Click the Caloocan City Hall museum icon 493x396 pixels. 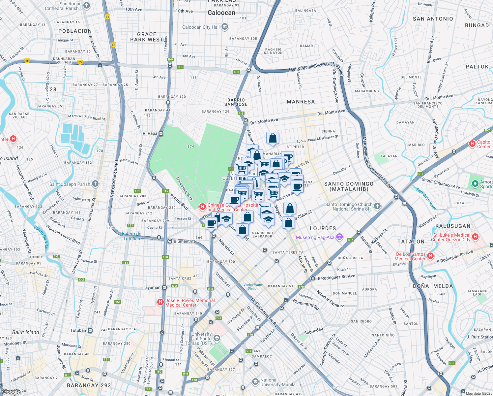(225, 27)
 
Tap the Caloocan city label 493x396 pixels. (221, 13)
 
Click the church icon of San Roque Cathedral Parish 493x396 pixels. (87, 5)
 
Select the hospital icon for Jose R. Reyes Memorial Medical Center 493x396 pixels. (160, 302)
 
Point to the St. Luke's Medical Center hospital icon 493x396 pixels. (475, 237)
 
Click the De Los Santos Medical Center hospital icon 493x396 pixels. (430, 256)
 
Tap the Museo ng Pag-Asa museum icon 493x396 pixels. (340, 237)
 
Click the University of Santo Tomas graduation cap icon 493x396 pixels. (217, 338)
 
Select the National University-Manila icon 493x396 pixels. (255, 381)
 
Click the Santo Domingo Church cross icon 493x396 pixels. (377, 206)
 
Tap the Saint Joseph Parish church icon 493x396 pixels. (95, 184)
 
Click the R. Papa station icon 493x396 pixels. (161, 134)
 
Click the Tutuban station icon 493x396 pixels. (90, 330)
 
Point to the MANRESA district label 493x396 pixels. (301, 102)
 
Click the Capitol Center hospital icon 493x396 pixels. (472, 144)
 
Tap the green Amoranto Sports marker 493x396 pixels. (475, 183)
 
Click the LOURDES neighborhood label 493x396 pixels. (323, 228)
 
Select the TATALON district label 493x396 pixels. (411, 242)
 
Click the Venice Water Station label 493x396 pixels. (253, 286)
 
